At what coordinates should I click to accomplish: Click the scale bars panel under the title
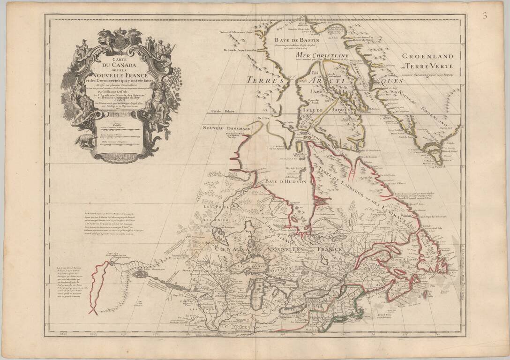(x=117, y=134)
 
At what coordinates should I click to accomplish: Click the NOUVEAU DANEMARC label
(x=224, y=128)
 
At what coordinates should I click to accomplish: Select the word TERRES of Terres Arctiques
(x=266, y=80)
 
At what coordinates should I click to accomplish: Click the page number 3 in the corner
(x=485, y=15)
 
